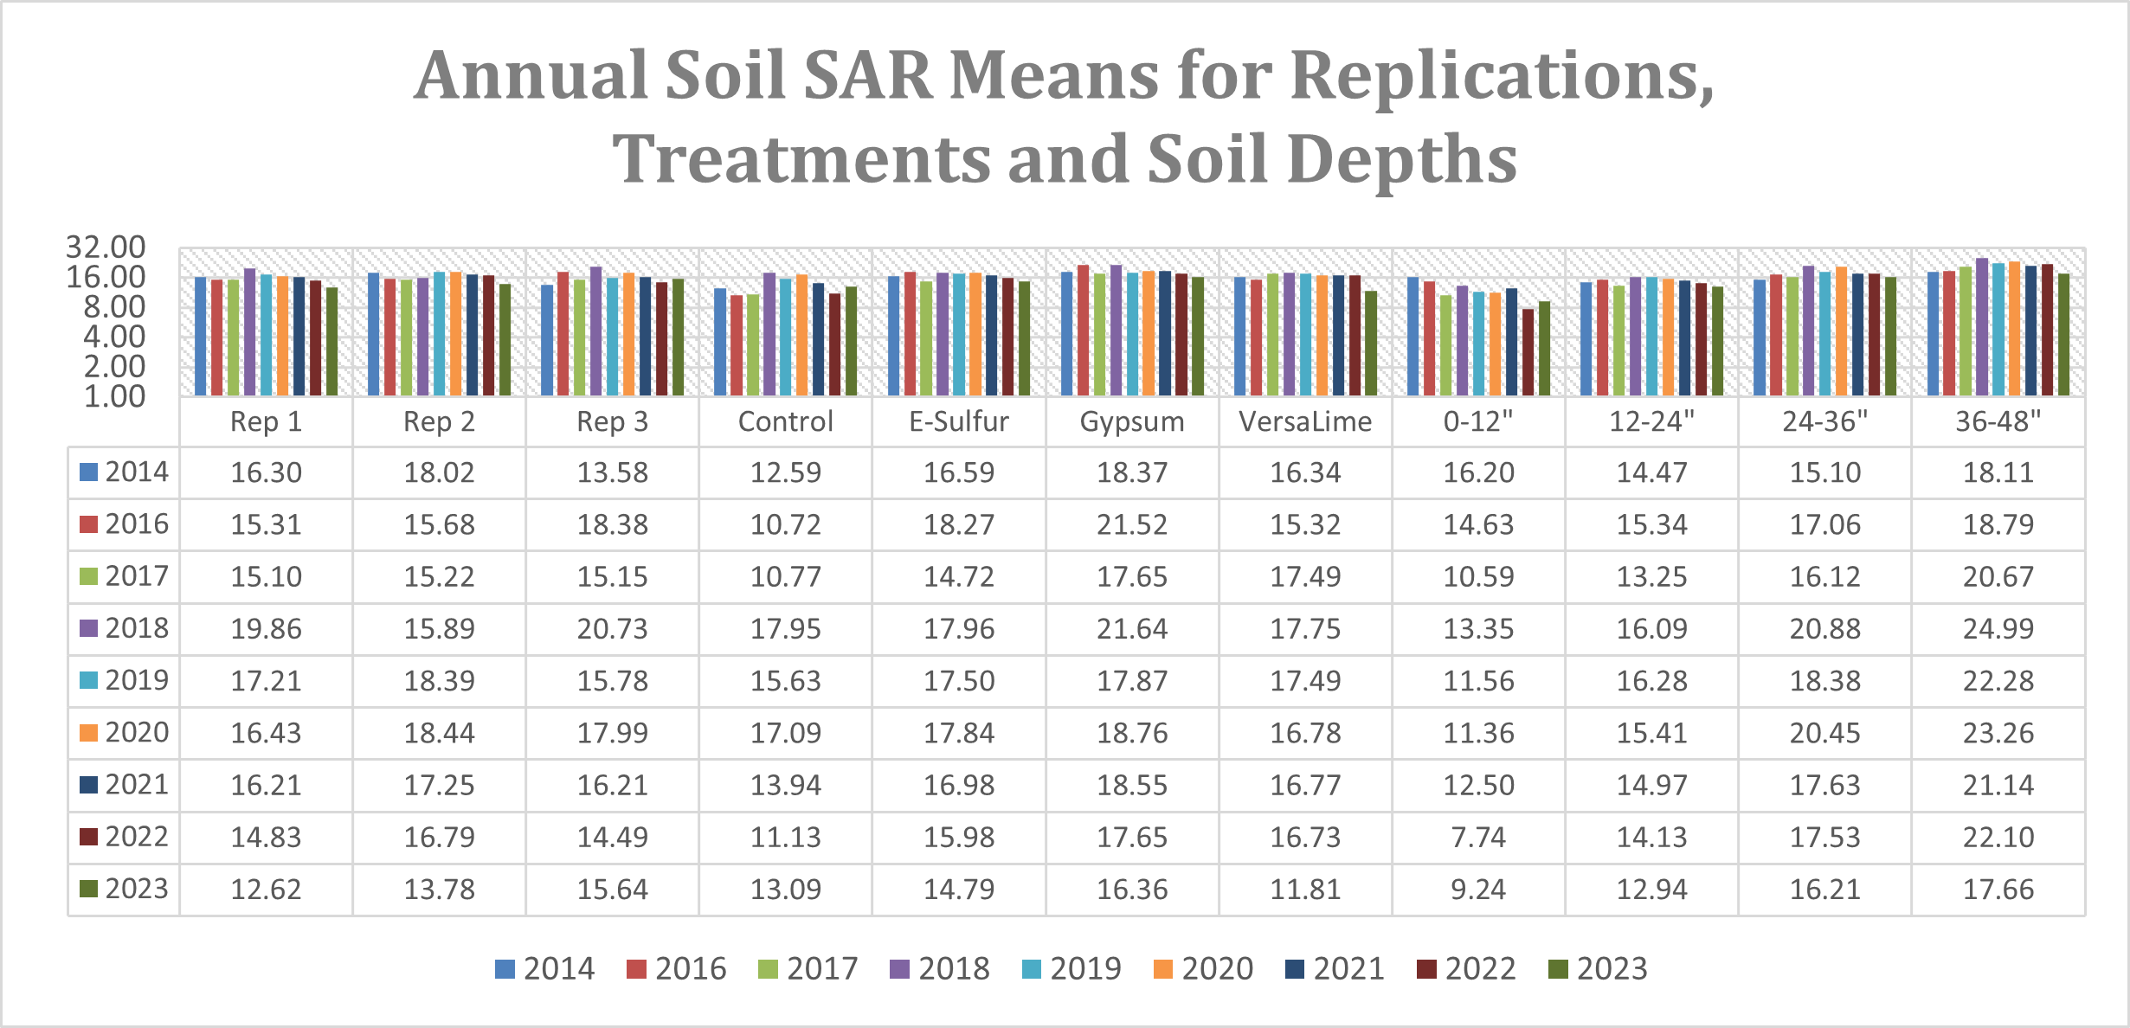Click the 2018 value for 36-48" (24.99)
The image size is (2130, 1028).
(1998, 629)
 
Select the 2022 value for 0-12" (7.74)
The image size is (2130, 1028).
(1478, 838)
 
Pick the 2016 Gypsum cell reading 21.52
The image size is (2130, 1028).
(1132, 524)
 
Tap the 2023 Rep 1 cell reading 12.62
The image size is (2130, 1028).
(266, 890)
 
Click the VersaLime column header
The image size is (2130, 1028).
(1305, 422)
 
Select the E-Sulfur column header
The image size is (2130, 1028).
(959, 422)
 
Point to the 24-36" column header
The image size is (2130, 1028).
(1824, 422)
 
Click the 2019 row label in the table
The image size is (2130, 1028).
(136, 680)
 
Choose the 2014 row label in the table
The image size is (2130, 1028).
(136, 472)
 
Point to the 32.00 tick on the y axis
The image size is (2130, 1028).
(106, 247)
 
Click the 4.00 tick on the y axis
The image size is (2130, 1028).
(114, 337)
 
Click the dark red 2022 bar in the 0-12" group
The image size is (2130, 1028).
(1528, 353)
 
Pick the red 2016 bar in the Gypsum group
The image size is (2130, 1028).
(1083, 331)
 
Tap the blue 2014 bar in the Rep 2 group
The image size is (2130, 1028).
(373, 336)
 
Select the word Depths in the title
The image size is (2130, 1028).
(1401, 160)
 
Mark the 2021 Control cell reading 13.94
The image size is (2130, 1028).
(785, 786)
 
